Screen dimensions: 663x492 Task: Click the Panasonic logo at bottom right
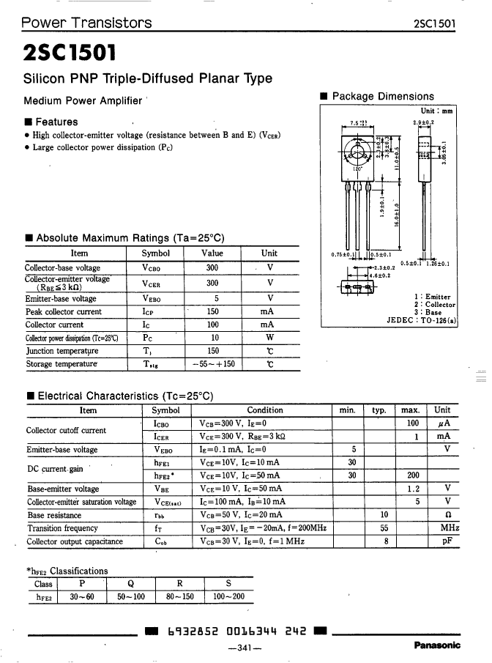tap(437, 645)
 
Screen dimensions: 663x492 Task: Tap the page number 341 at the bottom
tap(245, 648)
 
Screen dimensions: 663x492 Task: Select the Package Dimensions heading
tap(382, 97)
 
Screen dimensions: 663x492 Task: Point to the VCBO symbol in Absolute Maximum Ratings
tap(155, 268)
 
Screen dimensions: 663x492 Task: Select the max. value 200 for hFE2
tap(412, 474)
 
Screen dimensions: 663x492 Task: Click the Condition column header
tap(264, 410)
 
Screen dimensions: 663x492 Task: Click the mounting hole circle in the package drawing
tap(358, 155)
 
